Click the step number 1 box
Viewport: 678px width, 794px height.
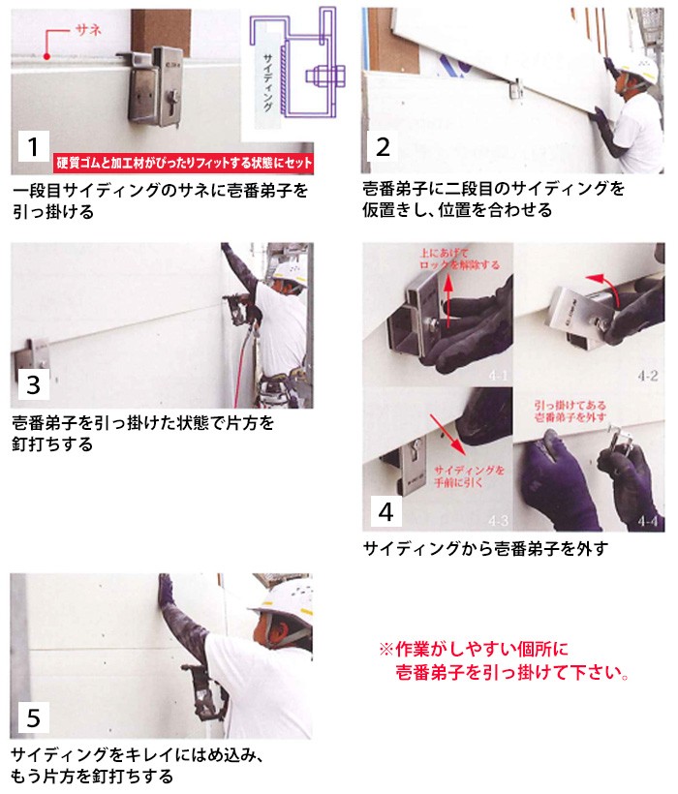click(x=34, y=146)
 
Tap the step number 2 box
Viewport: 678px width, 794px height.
click(x=383, y=147)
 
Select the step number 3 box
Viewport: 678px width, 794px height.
click(x=34, y=384)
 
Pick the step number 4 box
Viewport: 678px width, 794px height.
click(x=385, y=511)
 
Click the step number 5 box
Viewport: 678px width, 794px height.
click(x=34, y=718)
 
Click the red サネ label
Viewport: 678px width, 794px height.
click(x=88, y=30)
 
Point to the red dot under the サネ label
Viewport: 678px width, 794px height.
click(x=46, y=57)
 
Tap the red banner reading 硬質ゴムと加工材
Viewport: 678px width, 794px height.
click(x=183, y=163)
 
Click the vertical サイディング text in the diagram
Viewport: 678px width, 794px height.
click(x=268, y=81)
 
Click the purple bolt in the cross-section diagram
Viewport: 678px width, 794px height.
click(x=325, y=75)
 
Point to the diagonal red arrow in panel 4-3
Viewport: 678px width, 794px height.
click(x=447, y=435)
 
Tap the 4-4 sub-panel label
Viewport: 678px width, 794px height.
click(x=648, y=521)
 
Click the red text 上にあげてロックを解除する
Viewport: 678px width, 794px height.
click(x=459, y=259)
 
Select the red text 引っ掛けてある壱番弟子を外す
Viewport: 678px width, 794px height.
click(x=570, y=411)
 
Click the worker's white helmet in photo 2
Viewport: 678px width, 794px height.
click(x=639, y=70)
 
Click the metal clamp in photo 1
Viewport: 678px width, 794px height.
click(x=154, y=85)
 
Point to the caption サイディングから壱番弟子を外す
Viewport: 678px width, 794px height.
click(x=485, y=548)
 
